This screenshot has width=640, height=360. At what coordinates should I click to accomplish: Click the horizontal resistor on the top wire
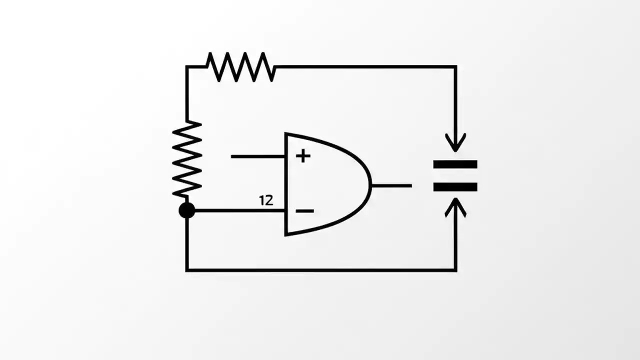click(240, 66)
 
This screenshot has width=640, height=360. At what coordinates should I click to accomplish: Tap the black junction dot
click(187, 210)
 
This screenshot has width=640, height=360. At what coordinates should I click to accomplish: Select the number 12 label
click(266, 200)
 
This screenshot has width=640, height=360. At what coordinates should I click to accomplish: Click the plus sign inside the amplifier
click(302, 156)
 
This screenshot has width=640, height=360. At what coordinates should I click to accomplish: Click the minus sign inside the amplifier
click(304, 211)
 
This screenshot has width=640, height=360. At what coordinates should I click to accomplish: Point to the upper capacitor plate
click(455, 164)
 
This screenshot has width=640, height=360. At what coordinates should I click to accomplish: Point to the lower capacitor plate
click(455, 187)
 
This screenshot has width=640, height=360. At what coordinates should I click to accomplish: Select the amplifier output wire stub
click(391, 185)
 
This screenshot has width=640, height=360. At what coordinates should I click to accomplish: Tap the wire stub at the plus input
click(257, 156)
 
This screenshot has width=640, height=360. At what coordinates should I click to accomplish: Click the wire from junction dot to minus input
click(235, 210)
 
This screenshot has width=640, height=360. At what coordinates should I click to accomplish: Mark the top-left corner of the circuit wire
click(187, 66)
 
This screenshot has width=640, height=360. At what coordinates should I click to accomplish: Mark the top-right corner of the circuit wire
click(455, 66)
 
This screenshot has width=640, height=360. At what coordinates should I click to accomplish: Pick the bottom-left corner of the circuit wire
click(187, 270)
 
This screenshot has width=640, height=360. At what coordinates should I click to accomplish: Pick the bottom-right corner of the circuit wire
click(455, 270)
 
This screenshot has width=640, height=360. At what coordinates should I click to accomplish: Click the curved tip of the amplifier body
click(370, 185)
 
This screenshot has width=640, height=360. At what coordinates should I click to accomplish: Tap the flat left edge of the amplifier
click(285, 184)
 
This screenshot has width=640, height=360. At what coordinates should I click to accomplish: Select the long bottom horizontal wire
click(320, 270)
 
